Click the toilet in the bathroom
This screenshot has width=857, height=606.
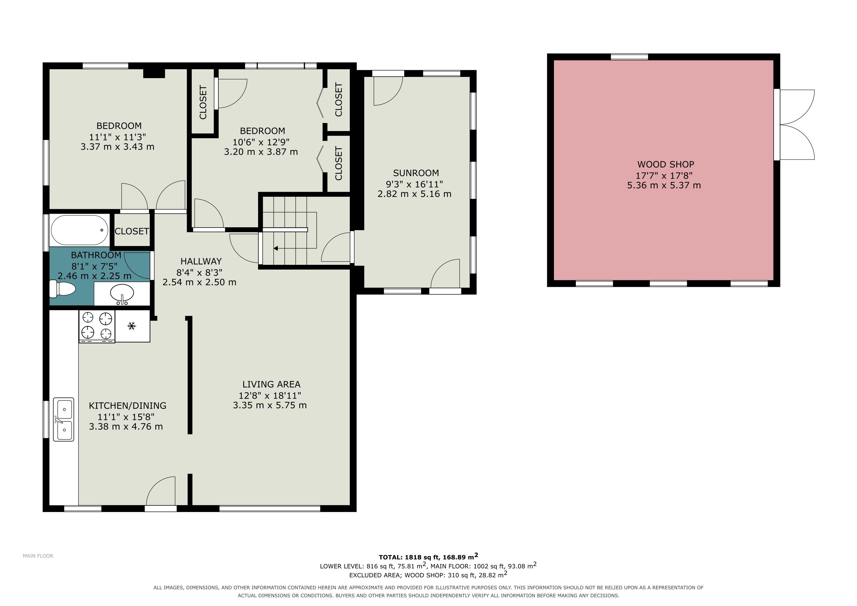(x=62, y=289)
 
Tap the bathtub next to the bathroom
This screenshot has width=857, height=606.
(x=80, y=230)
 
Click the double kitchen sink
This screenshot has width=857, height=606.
(x=64, y=419)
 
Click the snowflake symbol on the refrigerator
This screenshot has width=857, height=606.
(x=131, y=326)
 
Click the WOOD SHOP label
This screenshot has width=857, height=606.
(x=666, y=164)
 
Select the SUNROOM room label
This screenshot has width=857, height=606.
(x=416, y=173)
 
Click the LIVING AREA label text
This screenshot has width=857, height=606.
(x=271, y=384)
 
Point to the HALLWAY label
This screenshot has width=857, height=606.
(x=201, y=261)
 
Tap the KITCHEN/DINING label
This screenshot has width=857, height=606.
(x=128, y=406)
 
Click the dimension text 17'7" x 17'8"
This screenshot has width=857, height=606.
(x=664, y=175)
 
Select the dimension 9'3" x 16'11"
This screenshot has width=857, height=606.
(x=414, y=184)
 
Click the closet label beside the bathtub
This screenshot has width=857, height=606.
(x=132, y=231)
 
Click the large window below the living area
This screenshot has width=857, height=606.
(x=270, y=508)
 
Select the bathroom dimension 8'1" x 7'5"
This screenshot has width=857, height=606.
(x=94, y=266)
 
